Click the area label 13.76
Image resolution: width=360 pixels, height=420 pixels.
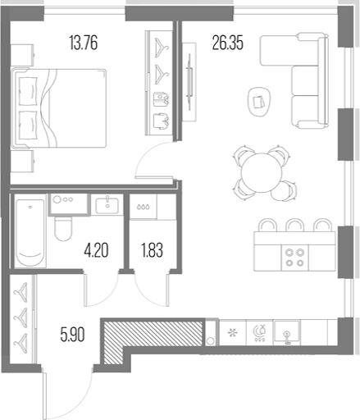click(84, 43)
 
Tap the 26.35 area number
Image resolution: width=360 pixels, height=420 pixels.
click(228, 43)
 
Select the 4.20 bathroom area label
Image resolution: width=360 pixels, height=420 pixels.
click(96, 250)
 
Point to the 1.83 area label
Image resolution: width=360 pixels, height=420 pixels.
click(153, 250)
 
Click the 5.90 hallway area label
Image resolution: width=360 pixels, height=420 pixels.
click(72, 335)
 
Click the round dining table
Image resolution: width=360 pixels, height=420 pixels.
click(262, 172)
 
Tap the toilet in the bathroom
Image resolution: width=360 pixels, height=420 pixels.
click(63, 228)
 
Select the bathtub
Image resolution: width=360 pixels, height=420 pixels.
click(30, 232)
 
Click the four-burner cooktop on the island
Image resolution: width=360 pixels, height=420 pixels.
click(294, 258)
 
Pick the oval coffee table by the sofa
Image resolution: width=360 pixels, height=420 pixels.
click(259, 102)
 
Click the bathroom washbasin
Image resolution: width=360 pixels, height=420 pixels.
click(107, 206)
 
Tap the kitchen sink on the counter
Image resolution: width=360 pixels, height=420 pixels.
click(287, 331)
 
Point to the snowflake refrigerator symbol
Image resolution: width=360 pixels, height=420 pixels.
click(233, 333)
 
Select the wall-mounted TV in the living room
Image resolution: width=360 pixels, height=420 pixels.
click(189, 81)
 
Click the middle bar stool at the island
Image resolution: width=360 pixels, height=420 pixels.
click(295, 225)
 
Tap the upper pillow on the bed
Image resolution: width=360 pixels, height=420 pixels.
click(28, 91)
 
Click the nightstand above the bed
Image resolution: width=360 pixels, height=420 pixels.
click(22, 55)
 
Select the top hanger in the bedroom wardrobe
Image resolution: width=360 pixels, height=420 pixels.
click(162, 48)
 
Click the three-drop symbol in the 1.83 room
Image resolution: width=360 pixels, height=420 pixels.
click(144, 207)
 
